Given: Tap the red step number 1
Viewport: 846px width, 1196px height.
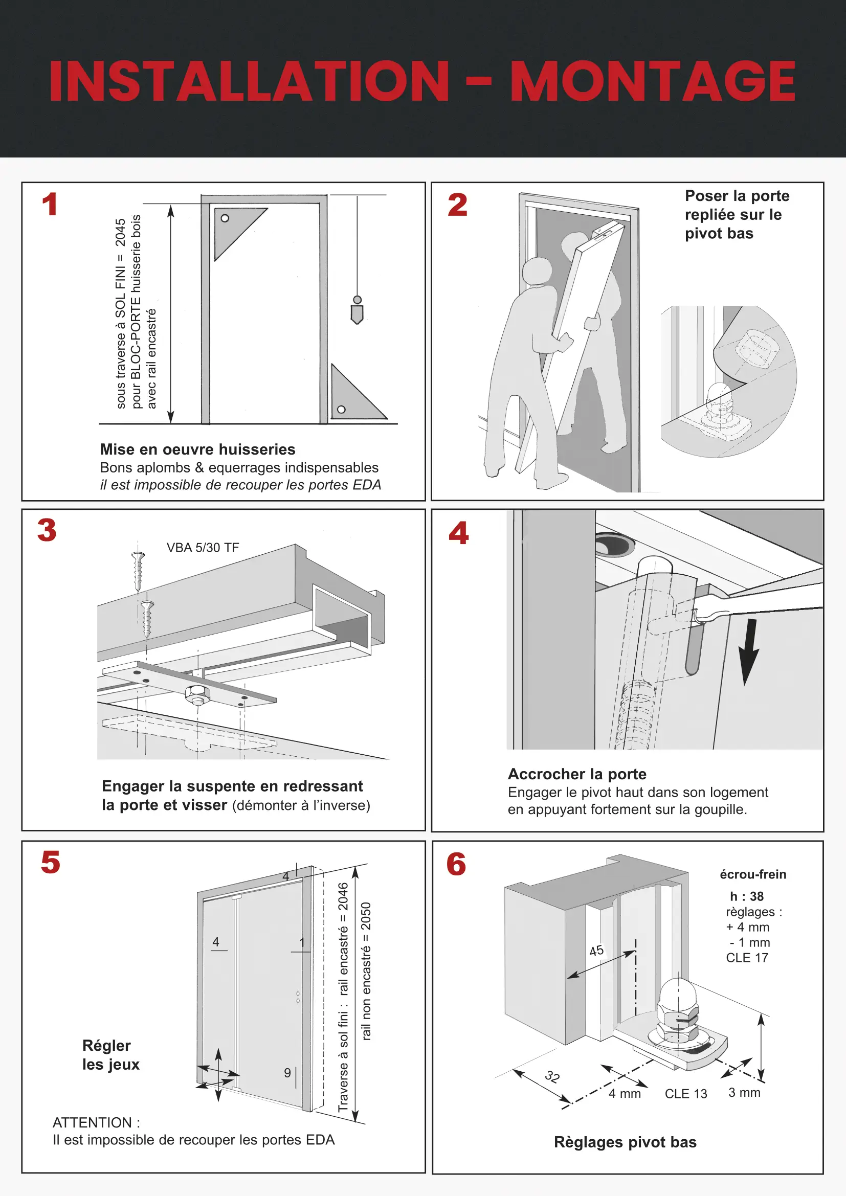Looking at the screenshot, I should (50, 204).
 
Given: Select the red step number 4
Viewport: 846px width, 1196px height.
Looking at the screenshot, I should (458, 533).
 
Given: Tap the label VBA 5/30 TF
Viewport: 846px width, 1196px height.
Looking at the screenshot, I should (203, 548).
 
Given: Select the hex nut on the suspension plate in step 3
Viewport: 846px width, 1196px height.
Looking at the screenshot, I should (197, 693).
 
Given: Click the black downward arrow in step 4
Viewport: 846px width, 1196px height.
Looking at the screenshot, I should (749, 651).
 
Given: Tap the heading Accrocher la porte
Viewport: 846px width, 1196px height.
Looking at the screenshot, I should (576, 774).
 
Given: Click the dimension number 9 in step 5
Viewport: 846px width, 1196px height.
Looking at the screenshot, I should (287, 1073).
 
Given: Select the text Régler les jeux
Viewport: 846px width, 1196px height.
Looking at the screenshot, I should (110, 1055).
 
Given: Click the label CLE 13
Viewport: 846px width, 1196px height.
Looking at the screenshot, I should (685, 1094).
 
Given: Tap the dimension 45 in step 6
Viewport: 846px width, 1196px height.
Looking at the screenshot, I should (596, 951).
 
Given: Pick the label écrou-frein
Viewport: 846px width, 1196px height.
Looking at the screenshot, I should (753, 874).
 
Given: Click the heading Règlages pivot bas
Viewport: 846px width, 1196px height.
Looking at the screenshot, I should (625, 1142).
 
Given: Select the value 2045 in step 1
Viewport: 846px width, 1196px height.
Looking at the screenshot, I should (120, 232).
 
